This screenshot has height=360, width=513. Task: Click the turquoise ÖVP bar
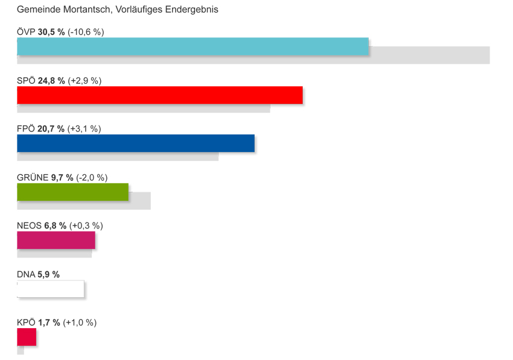(x=193, y=47)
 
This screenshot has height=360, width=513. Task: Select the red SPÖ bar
(x=159, y=95)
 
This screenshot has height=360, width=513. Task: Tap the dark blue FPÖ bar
(x=136, y=144)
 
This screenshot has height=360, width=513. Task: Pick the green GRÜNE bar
(x=72, y=192)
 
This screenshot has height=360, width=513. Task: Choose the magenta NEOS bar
(x=56, y=240)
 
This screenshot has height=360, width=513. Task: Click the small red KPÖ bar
(x=27, y=337)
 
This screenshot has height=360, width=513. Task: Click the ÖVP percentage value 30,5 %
(x=51, y=32)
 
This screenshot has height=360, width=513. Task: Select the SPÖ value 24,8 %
(x=51, y=81)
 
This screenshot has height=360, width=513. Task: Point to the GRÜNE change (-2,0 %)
(x=92, y=177)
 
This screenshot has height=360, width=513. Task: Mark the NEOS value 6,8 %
(x=56, y=226)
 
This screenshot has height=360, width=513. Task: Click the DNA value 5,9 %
(x=49, y=274)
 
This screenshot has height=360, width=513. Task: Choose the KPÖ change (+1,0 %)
(x=80, y=323)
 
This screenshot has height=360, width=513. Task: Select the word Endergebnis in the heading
(x=191, y=10)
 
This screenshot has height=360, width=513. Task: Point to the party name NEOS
(x=29, y=226)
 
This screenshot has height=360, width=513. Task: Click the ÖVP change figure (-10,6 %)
(x=86, y=32)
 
